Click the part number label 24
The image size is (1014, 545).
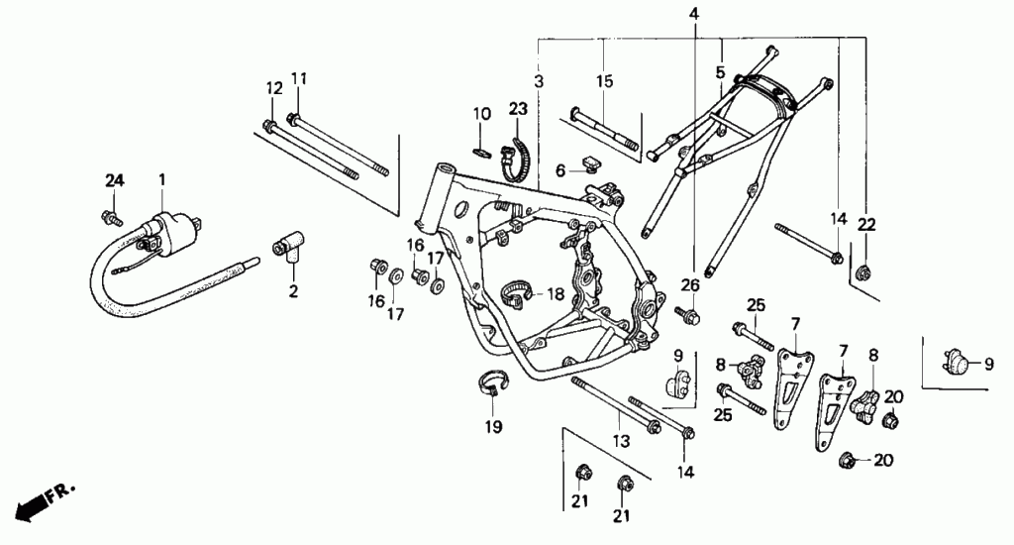116,179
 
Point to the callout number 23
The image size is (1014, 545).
518,108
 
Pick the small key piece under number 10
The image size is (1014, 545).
482,152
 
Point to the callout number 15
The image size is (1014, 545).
604,80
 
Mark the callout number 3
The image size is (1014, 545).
538,80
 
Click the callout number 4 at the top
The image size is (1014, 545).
693,14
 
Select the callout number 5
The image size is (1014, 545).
720,71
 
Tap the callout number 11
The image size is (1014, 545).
299,79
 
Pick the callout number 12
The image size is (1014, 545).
271,88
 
